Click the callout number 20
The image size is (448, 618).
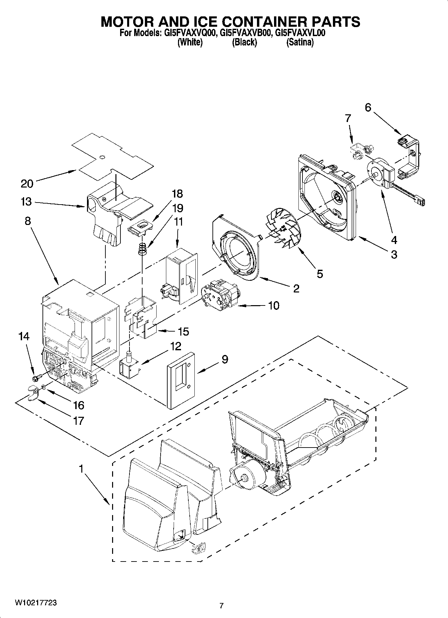27,183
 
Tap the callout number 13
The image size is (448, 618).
26,202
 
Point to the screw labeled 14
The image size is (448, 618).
36,377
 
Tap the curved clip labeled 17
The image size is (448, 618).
32,391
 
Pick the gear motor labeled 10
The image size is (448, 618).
219,294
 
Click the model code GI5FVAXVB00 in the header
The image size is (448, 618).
244,33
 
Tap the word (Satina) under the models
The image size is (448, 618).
300,42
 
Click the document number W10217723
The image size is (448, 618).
35,603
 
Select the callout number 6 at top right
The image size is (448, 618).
368,107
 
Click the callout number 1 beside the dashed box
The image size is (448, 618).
81,469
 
